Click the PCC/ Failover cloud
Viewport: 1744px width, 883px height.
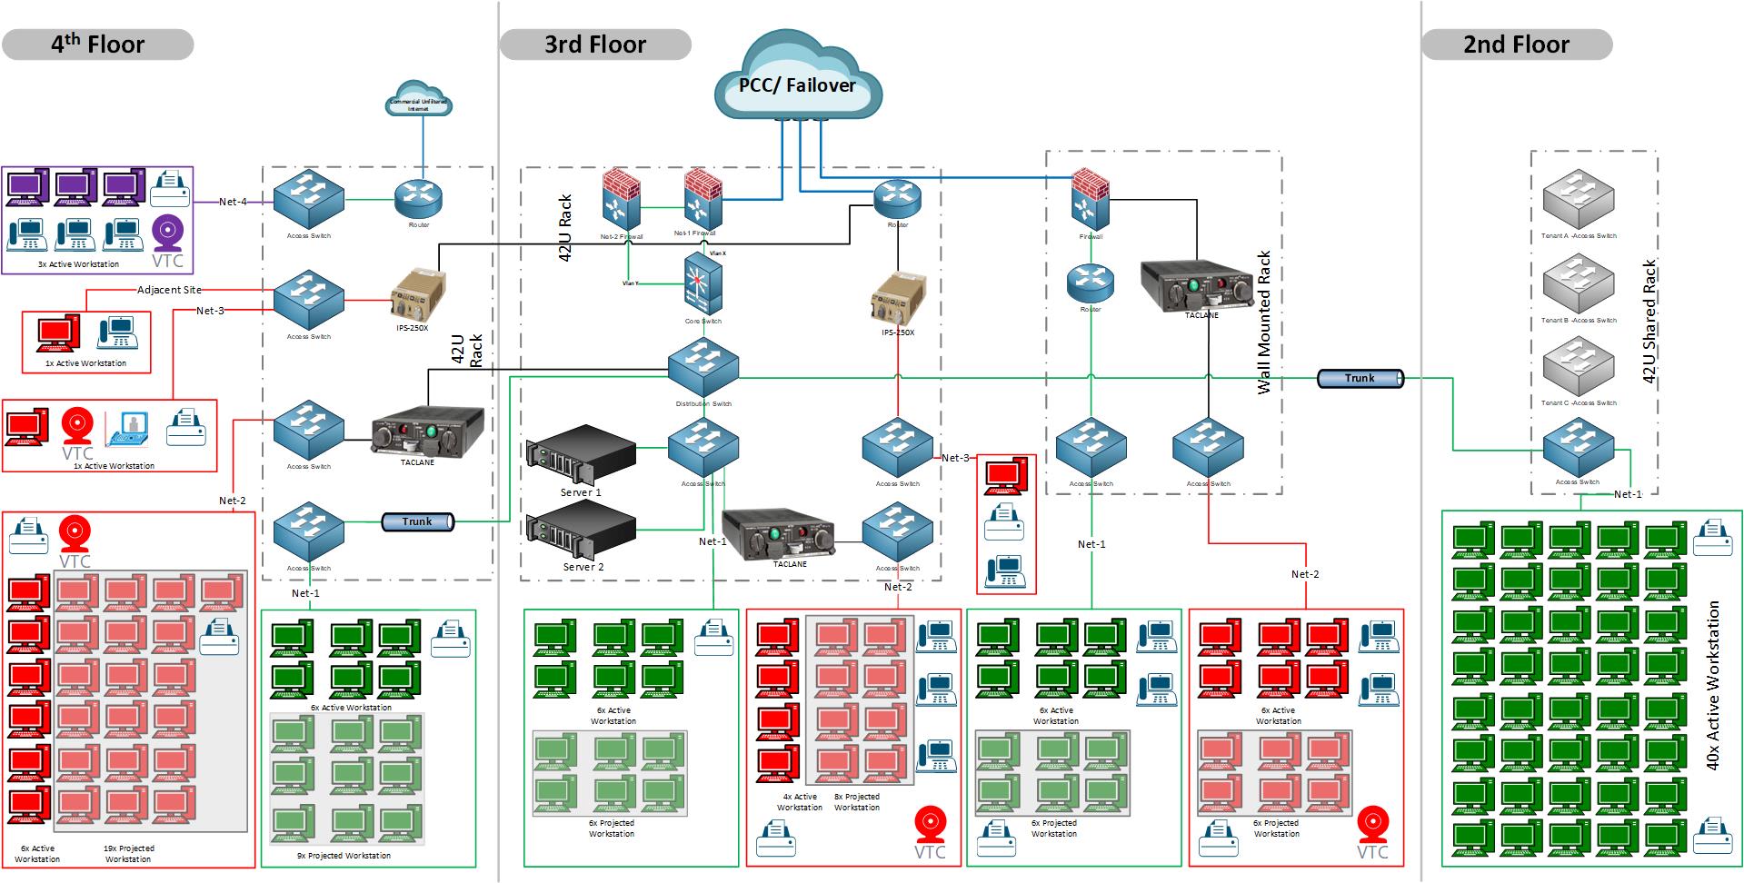coord(796,84)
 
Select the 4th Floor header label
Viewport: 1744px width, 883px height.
coord(97,45)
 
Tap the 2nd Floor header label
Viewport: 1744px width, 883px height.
coord(1516,45)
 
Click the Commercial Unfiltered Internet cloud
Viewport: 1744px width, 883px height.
coord(419,104)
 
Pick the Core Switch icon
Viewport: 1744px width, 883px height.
coord(703,284)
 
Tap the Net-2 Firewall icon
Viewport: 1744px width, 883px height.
coord(622,201)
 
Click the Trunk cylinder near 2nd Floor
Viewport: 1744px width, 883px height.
coord(1360,378)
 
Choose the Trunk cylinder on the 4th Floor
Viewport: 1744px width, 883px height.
coord(417,521)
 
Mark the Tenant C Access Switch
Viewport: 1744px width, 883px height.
coord(1579,368)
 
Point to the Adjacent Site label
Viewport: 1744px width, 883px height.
coord(169,290)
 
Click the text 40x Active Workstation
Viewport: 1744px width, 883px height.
coord(1713,685)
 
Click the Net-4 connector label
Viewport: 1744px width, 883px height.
coord(233,202)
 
